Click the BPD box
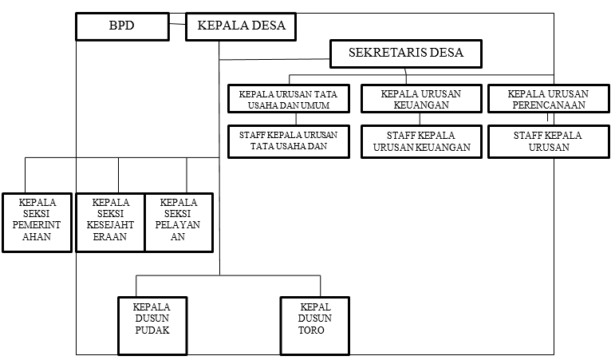[122, 26]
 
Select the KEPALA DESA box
[241, 26]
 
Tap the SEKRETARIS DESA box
[406, 53]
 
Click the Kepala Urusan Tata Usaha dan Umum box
[289, 99]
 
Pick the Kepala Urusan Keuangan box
[421, 99]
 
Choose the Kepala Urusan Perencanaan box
[549, 99]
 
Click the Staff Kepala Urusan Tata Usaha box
[289, 142]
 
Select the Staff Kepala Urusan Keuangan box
[421, 142]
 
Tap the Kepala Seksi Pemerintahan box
[37, 223]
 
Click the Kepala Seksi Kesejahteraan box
[111, 223]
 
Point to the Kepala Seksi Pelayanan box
[179, 223]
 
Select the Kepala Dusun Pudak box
[152, 326]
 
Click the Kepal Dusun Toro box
[315, 326]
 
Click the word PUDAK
[152, 330]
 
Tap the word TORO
[311, 330]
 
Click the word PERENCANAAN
[549, 105]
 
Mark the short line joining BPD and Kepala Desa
[177, 24]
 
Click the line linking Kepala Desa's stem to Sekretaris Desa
[274, 59]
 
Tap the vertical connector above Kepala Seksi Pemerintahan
[25, 175]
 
